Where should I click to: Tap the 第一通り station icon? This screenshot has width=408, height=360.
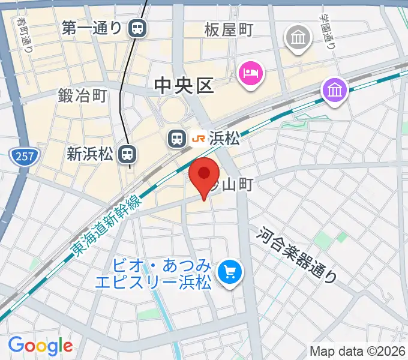[139, 28]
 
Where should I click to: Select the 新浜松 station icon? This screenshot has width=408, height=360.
[127, 155]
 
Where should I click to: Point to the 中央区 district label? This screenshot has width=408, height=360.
[184, 86]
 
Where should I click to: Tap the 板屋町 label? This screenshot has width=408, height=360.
[229, 29]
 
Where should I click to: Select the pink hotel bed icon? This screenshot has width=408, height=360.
[251, 74]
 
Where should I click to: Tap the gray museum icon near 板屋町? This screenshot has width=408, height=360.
[298, 38]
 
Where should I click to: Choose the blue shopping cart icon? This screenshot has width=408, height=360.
[229, 272]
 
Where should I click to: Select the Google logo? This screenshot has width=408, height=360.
[40, 346]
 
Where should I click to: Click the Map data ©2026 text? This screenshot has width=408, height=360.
[356, 350]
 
